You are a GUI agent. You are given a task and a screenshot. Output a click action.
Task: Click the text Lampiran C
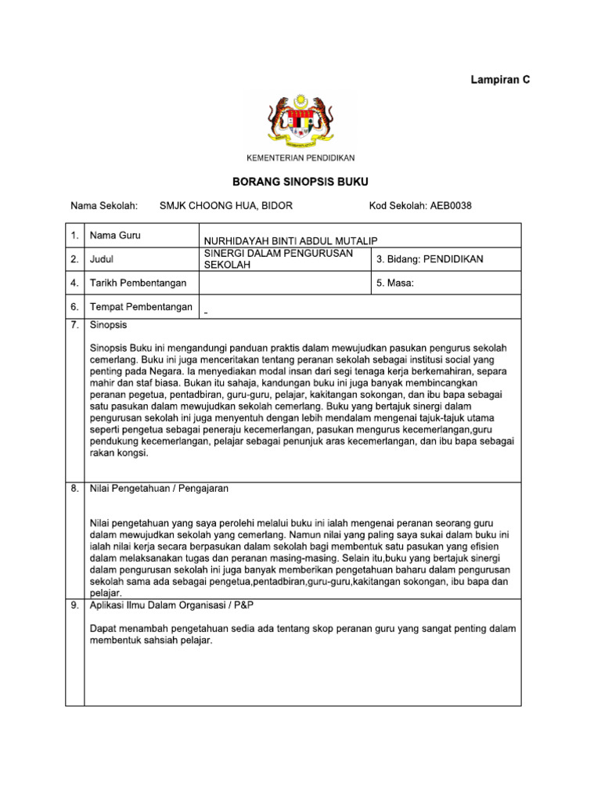point(500,80)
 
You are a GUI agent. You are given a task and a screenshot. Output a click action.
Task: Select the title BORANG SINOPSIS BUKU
point(300,181)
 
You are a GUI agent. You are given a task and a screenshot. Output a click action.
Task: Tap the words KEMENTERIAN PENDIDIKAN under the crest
point(300,158)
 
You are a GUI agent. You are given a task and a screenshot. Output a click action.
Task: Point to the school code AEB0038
point(451,206)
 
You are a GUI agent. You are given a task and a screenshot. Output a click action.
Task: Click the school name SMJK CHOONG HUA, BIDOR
point(226,206)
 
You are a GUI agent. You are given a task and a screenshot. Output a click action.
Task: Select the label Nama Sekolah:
point(104,206)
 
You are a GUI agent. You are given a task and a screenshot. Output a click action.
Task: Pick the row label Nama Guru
point(115,235)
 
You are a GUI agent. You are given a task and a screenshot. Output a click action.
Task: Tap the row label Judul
point(103,258)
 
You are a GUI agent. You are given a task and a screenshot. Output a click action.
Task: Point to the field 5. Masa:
point(395,283)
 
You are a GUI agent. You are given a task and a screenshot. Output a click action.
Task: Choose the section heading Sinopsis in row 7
point(109,324)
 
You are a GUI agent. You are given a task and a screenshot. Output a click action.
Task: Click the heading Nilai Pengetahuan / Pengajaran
point(159,488)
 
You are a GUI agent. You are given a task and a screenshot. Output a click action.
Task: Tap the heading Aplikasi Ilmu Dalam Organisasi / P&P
point(172,606)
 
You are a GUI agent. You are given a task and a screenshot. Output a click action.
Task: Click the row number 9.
point(74,606)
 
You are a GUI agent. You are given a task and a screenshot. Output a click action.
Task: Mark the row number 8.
point(74,488)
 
